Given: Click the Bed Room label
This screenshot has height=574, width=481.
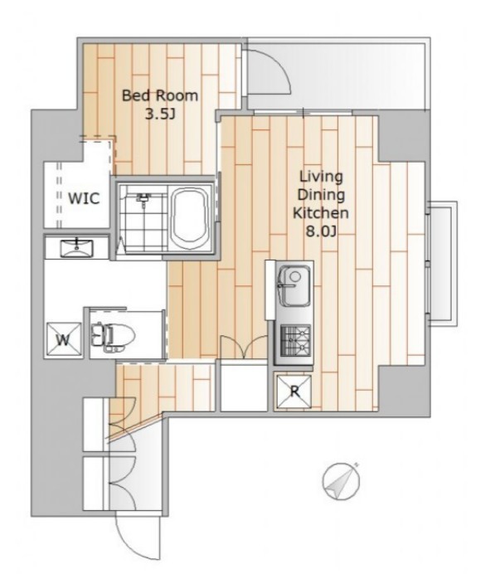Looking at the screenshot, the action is click(x=160, y=96).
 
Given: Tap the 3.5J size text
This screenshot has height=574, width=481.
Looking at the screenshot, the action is click(x=160, y=114).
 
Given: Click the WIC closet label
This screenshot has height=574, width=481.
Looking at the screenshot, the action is click(x=84, y=198).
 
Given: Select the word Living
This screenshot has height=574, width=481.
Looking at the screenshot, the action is click(x=321, y=177).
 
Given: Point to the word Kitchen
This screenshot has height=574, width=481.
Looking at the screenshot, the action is click(x=321, y=212).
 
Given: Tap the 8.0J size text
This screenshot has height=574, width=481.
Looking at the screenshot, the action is click(x=321, y=231).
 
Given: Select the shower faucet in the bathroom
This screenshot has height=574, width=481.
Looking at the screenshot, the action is click(x=143, y=198).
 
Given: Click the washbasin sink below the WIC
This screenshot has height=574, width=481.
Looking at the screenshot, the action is click(x=76, y=248).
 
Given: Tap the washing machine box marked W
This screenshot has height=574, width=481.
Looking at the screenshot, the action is click(x=63, y=339).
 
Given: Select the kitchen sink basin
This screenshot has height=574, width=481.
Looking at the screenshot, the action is click(x=294, y=285).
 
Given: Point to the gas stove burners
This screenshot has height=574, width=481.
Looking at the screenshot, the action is click(x=295, y=341).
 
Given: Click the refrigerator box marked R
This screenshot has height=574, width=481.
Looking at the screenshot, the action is click(x=294, y=391).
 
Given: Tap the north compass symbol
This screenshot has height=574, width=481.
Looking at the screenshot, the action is click(x=341, y=480).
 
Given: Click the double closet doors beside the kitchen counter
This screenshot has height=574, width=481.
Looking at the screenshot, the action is click(x=243, y=346).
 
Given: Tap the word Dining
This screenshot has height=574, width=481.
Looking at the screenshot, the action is click(x=321, y=195).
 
